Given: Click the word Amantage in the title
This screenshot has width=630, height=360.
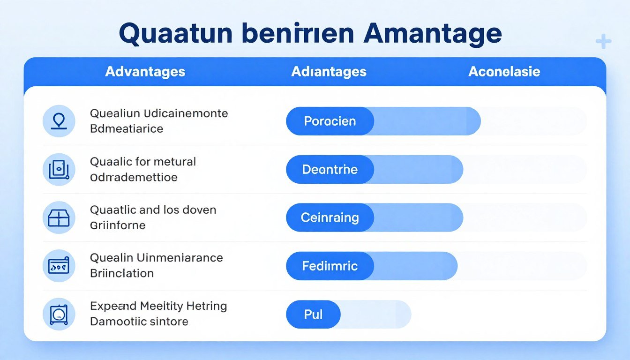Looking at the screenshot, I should (432, 34).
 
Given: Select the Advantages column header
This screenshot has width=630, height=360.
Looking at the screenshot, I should (145, 72).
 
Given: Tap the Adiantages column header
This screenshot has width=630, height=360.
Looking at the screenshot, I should (329, 72).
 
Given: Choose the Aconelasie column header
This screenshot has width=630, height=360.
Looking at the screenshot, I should (504, 72).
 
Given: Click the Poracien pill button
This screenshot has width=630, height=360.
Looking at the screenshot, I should (330, 121).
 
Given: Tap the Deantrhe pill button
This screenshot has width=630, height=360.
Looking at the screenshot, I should (330, 169).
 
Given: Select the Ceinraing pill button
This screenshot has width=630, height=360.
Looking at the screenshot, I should (330, 217).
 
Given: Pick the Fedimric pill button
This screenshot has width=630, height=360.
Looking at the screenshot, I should (330, 266).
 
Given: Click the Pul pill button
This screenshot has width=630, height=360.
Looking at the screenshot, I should (313, 315).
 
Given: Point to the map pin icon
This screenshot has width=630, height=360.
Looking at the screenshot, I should (59, 121).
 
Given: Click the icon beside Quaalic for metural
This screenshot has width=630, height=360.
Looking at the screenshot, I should (59, 169).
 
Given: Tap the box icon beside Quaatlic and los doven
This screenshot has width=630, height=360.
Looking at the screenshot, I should (59, 217).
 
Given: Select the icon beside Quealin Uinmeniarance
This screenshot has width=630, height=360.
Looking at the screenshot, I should (59, 266).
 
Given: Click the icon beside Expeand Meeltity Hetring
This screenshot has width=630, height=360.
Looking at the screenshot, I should (59, 315).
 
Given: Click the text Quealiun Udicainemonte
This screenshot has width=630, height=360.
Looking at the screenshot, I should (159, 113).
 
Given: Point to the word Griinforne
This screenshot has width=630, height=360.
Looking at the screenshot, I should (118, 225).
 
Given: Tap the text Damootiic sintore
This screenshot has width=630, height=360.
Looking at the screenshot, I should (139, 322).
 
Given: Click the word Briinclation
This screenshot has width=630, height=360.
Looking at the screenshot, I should (122, 273).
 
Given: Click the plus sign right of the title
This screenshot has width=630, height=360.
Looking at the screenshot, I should (603, 42).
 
